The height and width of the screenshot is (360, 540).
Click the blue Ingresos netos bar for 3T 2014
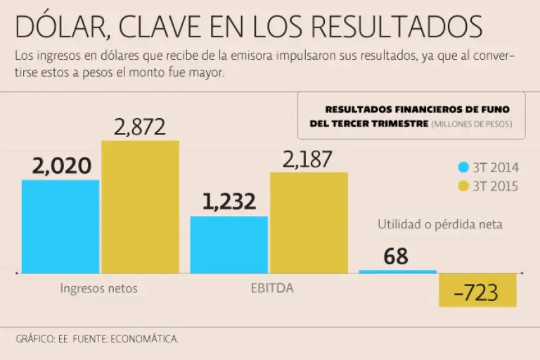tap(60, 226)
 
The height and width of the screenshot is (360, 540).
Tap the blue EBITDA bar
tap(229, 244)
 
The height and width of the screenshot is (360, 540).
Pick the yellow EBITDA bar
tap(309, 222)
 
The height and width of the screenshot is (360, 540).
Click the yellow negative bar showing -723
tap(477, 290)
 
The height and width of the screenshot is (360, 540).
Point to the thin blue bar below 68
tap(397, 271)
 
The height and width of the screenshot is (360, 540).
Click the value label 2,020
tap(62, 166)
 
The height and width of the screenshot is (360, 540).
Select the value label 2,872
tap(139, 127)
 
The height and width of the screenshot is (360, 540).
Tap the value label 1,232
tap(229, 202)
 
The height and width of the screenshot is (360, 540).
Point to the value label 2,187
tap(308, 160)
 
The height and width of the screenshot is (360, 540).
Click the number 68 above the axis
tap(396, 257)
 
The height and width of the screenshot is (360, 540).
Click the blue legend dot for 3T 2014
tap(463, 167)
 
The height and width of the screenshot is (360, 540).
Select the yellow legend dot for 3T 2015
tap(463, 186)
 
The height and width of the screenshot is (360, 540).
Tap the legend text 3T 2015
tap(495, 186)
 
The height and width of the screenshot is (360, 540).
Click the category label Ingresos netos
tap(98, 288)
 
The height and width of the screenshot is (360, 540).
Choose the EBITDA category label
tap(272, 288)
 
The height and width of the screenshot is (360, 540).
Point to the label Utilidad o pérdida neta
tap(440, 224)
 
